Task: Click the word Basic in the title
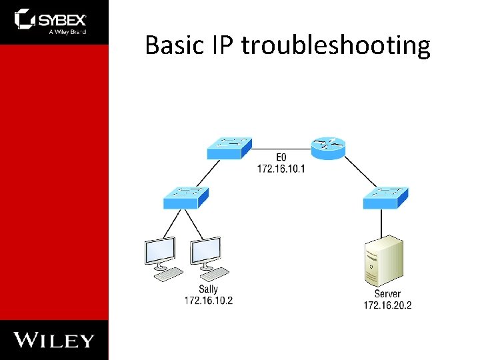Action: [175, 45]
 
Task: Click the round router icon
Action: [327, 147]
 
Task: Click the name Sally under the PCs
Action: [208, 289]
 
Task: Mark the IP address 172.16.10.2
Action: [209, 300]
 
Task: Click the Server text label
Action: [387, 294]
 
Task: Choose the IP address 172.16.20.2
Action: [387, 305]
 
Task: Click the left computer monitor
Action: [161, 252]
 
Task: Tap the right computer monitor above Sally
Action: [206, 252]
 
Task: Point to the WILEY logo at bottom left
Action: [54, 341]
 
